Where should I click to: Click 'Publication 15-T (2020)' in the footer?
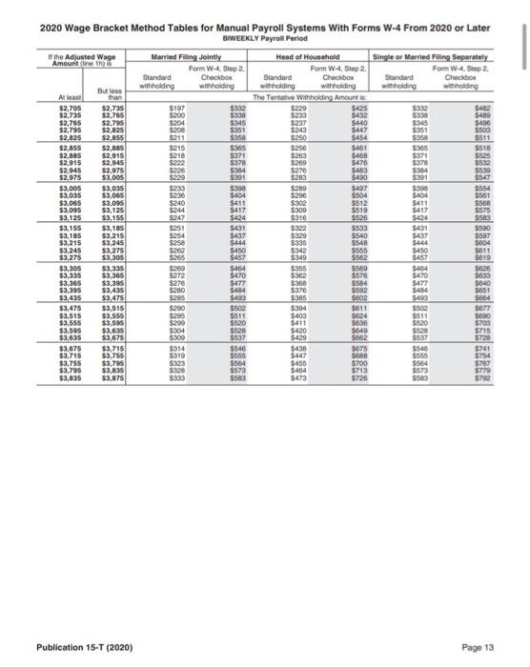click(x=85, y=647)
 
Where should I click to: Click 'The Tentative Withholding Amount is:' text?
click(x=307, y=98)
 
